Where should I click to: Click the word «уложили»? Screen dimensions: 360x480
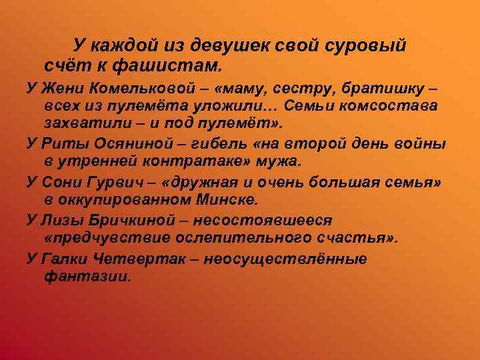tap(243, 107)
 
